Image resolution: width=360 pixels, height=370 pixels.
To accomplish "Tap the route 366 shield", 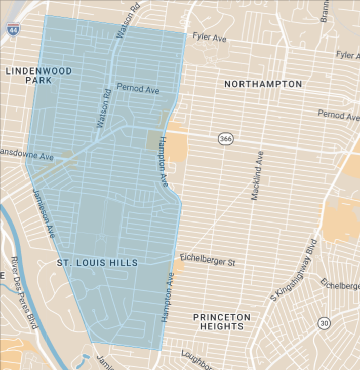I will tap(225, 138).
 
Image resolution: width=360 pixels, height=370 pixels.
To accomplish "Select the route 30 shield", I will tap(325, 322).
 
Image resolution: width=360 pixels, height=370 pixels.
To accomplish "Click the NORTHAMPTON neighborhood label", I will tap(263, 84).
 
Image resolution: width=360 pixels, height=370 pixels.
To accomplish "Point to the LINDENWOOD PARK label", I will tap(38, 76).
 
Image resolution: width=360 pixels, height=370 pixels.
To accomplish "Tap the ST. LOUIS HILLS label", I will tap(97, 263).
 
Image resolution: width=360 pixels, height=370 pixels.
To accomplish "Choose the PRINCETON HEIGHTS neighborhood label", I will tap(222, 322).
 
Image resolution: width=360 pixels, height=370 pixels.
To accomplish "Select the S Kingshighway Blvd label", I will tap(294, 271).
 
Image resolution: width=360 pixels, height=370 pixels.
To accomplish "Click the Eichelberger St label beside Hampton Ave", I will tap(208, 260).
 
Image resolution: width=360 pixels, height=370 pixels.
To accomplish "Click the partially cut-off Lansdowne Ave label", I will tap(26, 154).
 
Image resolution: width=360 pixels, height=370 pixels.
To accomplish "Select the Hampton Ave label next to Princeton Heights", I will tap(168, 297).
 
